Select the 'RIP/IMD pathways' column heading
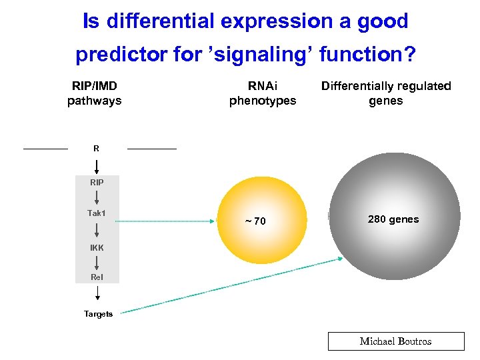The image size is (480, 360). coord(95,93)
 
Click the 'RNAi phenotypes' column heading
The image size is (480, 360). coord(263,93)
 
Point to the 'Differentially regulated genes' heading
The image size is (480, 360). coord(386,93)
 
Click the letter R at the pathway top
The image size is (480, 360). coord(97,149)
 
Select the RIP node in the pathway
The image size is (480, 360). coord(97,181)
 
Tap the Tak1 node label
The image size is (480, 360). coord(97,213)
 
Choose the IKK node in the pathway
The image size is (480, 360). coord(97,248)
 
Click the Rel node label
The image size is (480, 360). coord(97,277)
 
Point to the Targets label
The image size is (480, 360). coord(98,314)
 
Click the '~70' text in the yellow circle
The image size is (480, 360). coord(254,221)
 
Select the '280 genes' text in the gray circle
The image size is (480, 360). coord(393,219)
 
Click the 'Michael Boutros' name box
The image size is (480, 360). coord(395,341)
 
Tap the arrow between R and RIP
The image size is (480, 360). coord(97,165)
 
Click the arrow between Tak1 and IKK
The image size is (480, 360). coord(97,231)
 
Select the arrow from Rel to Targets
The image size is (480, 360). coord(97,293)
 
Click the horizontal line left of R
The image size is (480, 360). coord(45,148)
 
